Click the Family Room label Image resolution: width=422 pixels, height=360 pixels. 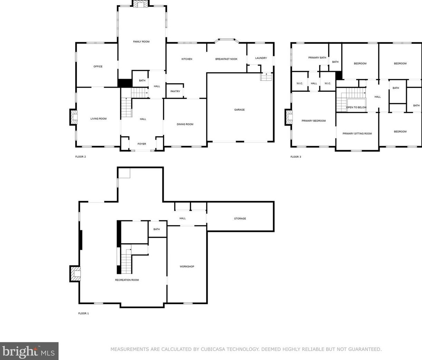141,42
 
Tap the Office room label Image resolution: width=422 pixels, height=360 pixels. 98,66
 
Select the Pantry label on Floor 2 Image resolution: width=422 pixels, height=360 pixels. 175,91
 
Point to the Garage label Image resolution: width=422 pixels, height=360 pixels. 239,110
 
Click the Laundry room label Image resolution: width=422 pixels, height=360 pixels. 261,58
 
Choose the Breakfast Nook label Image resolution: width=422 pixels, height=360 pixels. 227,59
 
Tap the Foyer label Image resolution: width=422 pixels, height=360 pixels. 142,144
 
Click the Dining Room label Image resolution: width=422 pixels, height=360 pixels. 185,124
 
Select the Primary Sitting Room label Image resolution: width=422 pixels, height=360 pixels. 357,134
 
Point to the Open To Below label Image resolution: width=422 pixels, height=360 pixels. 356,107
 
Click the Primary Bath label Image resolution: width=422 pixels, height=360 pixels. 317,58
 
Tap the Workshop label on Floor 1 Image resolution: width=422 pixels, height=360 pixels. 187,266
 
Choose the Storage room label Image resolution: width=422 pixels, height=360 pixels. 240,218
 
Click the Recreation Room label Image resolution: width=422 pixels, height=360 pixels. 127,280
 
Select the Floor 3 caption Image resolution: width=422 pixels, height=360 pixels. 295,157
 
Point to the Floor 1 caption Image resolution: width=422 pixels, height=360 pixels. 83,313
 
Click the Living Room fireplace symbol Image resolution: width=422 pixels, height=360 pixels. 73,117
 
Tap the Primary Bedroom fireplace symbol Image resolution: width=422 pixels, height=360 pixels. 289,117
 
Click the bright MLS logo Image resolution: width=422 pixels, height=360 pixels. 29,351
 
